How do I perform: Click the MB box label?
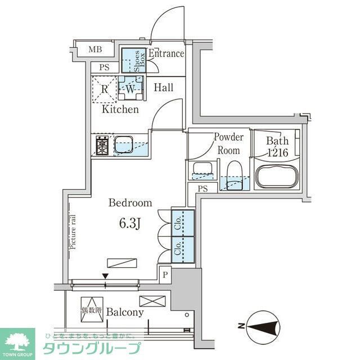tap(96, 49)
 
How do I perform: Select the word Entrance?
tap(166, 54)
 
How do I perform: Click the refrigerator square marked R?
tap(105, 88)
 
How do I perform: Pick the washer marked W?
tap(130, 88)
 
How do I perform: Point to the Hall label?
tap(164, 88)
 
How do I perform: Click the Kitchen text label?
tap(120, 110)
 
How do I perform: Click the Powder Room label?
tap(228, 144)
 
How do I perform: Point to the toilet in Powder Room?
tap(233, 172)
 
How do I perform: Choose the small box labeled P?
tap(165, 274)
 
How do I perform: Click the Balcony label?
tap(125, 312)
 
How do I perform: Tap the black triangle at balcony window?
tap(105, 276)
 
